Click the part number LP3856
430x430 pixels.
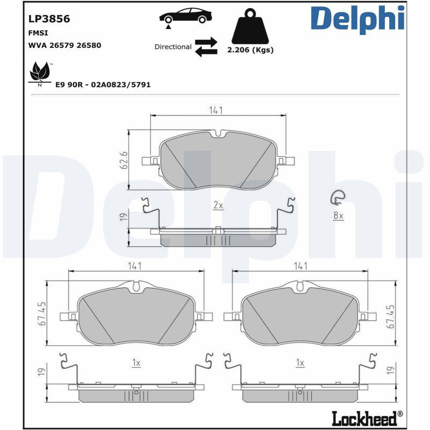click(49, 19)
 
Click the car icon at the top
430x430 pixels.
click(184, 16)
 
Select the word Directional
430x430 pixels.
click(173, 47)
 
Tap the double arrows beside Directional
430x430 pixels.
click(205, 47)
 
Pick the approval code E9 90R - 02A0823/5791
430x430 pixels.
click(103, 85)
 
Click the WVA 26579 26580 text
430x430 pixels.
click(64, 45)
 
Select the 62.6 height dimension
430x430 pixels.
click(123, 160)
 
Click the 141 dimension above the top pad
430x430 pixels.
click(216, 110)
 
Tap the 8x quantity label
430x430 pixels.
click(338, 215)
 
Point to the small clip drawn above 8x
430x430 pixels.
click(338, 199)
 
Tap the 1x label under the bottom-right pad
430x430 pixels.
click(300, 363)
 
